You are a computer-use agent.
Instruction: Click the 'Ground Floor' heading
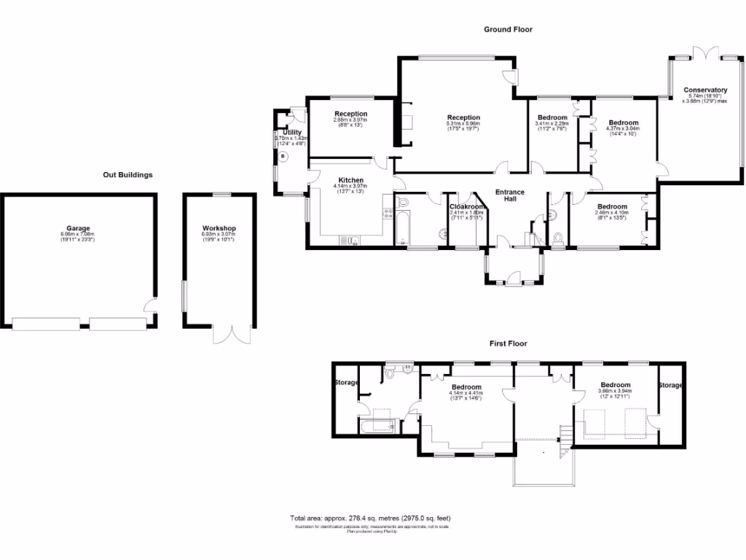pyautogui.click(x=509, y=30)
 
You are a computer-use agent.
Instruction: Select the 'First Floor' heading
pyautogui.click(x=508, y=343)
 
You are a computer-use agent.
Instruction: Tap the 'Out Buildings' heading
pyautogui.click(x=127, y=175)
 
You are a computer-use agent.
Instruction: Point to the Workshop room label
pyautogui.click(x=219, y=229)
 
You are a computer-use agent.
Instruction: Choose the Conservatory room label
pyautogui.click(x=704, y=90)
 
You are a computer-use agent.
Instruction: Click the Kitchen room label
pyautogui.click(x=350, y=180)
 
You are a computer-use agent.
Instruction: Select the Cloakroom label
pyautogui.click(x=467, y=206)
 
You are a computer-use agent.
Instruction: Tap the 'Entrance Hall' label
pyautogui.click(x=510, y=195)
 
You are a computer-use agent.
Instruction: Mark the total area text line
pyautogui.click(x=375, y=518)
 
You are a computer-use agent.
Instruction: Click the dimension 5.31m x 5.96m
pyautogui.click(x=463, y=123)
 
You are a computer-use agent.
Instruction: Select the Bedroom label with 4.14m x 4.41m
pyautogui.click(x=466, y=387)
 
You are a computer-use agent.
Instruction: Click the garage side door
pyautogui.click(x=151, y=306)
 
